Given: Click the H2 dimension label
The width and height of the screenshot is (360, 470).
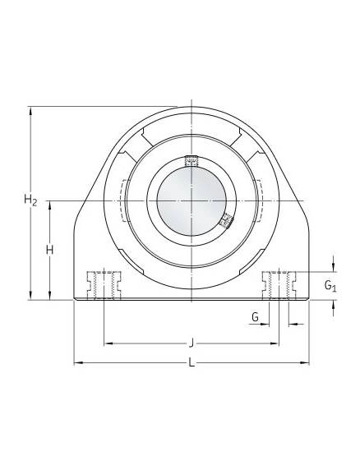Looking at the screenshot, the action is tap(30, 200).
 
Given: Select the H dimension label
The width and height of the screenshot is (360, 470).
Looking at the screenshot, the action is tap(50, 250).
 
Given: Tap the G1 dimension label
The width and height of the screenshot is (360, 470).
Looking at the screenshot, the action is tap(330, 285).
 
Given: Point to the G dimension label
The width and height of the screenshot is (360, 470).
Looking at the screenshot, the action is tap(255, 316).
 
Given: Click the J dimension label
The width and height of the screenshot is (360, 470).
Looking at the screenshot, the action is tap(191, 343).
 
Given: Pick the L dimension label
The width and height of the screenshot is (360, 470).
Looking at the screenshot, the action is tap(192, 363).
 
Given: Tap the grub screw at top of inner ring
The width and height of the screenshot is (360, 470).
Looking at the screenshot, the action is tap(192, 161).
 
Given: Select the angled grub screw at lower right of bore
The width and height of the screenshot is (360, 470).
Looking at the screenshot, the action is tap(226, 221).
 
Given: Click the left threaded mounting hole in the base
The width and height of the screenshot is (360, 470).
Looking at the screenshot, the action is tap(104, 285).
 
